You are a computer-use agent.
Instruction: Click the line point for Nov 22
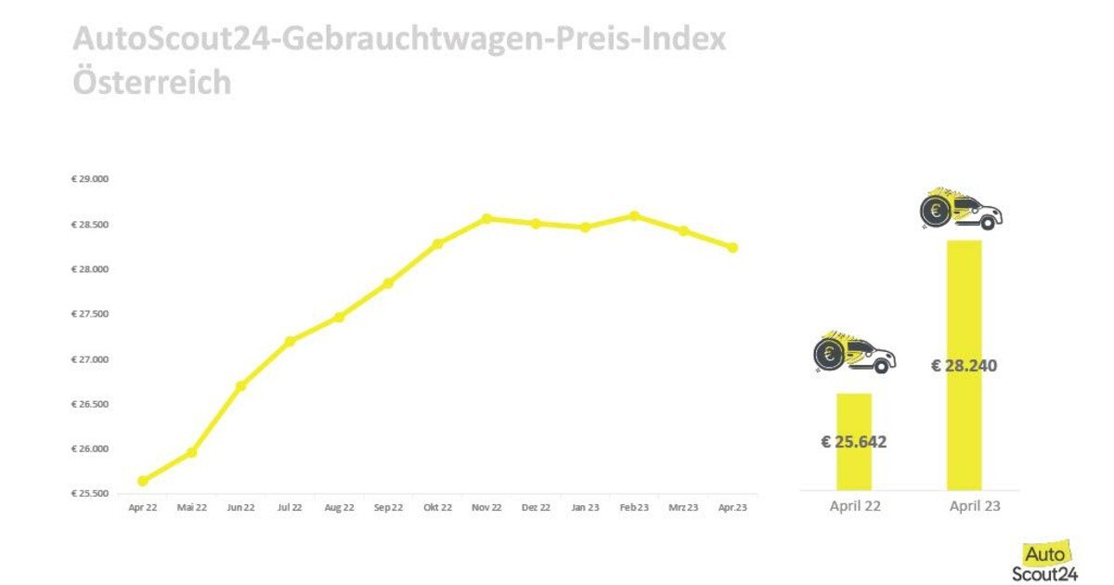[x=486, y=219]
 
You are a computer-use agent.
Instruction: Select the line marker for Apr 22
[x=143, y=481]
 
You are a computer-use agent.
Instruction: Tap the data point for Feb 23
[x=634, y=216]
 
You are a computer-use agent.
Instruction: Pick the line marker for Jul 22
[x=290, y=342]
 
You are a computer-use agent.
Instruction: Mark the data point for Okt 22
[x=437, y=244]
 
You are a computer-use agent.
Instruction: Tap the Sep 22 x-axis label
[x=388, y=508]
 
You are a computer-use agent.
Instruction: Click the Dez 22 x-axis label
[x=536, y=508]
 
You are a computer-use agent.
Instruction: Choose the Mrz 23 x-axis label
[x=683, y=508]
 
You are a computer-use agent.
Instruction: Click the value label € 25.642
[x=854, y=442]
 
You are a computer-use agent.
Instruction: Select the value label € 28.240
[x=964, y=366]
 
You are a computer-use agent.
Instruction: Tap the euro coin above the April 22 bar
[x=829, y=354]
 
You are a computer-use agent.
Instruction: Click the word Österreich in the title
[x=151, y=82]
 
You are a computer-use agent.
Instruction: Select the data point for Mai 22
[x=191, y=452]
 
